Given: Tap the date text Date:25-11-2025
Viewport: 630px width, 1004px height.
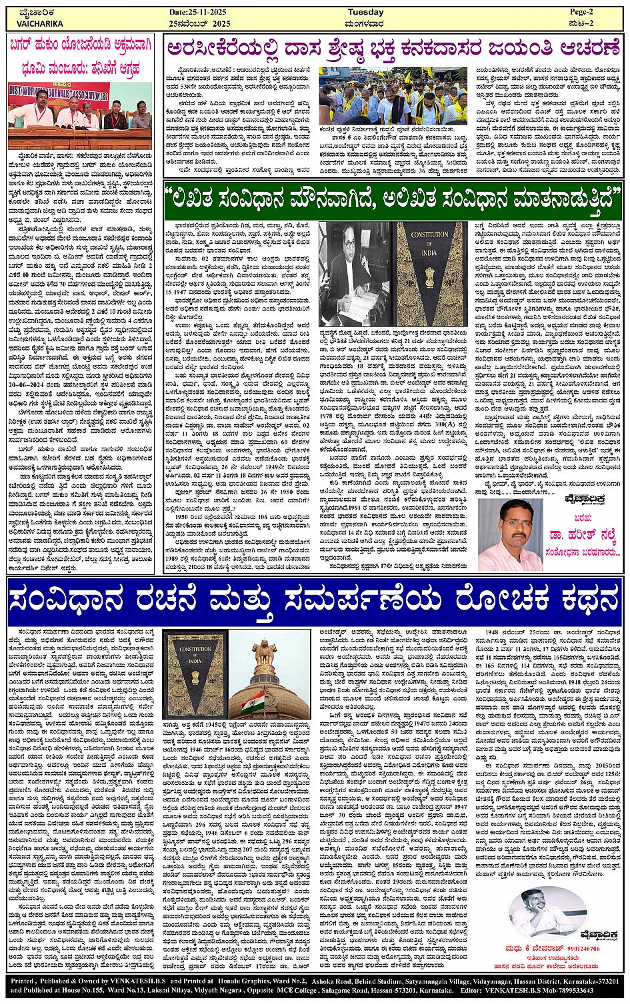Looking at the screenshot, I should tap(199, 12).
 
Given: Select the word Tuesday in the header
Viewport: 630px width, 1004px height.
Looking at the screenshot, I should tap(366, 12).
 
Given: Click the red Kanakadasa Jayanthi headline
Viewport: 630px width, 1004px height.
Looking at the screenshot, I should tap(393, 49).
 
